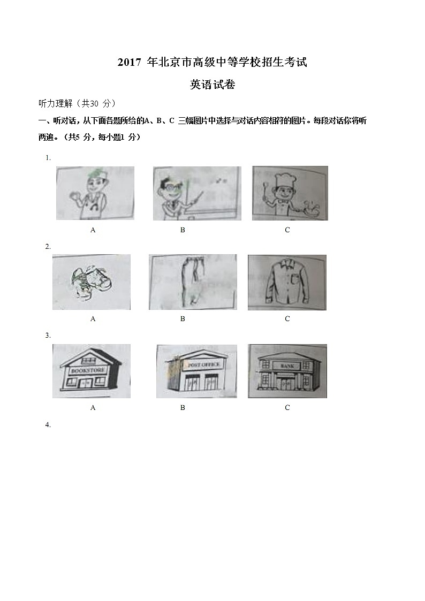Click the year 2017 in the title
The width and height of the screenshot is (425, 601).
[128, 63]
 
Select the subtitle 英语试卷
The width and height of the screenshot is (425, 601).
[212, 85]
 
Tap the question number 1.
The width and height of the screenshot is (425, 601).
[48, 157]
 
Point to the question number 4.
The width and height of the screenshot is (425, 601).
[48, 424]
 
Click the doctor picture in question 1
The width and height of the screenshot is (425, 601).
[95, 193]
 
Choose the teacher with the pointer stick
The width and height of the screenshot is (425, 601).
[196, 193]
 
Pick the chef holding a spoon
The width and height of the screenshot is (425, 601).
[290, 193]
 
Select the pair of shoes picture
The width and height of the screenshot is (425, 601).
[91, 282]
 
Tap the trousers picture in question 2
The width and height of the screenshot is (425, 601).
[192, 282]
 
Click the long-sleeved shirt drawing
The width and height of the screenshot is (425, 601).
[287, 282]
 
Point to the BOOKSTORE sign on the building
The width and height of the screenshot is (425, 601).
[86, 369]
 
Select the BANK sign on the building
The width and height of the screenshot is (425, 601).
[286, 365]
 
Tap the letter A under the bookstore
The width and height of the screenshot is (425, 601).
[93, 408]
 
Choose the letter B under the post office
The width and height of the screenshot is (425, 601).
[183, 408]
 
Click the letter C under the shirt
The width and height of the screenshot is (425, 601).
[287, 319]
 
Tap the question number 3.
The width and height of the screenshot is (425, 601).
[48, 336]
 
